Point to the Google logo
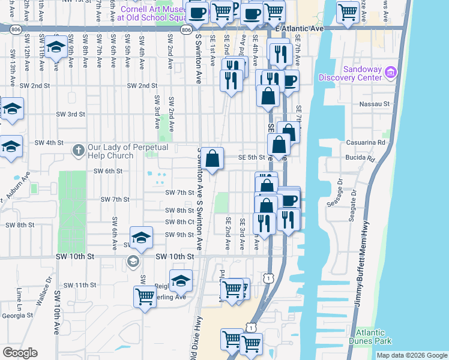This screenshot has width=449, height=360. [x=20, y=353]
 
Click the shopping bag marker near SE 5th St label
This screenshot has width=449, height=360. [x=212, y=159]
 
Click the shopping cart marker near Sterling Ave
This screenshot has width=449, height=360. [x=145, y=296]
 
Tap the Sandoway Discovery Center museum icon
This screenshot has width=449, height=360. [x=391, y=73]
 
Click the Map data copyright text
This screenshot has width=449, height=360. [x=411, y=355]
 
